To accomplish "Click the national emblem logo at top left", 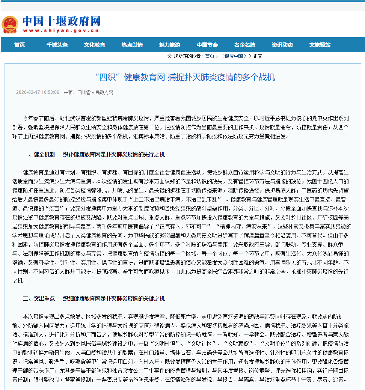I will click(x=10, y=24).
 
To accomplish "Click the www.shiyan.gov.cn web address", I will click(x=62, y=31).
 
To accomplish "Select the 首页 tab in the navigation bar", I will click(x=20, y=45).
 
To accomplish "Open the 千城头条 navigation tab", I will click(x=57, y=45).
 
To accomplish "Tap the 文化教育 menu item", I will click(x=95, y=45).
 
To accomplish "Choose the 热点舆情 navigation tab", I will click(x=132, y=45).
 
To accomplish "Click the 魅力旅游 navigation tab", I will click(x=170, y=45).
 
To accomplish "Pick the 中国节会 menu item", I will click(x=207, y=45).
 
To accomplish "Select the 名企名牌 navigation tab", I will click(x=245, y=45).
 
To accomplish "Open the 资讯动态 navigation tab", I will click(x=282, y=45).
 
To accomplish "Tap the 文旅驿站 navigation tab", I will click(x=320, y=45).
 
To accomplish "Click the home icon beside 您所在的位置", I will click(x=169, y=56).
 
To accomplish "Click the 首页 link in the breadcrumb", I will click(x=210, y=56).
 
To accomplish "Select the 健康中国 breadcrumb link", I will click(x=234, y=56).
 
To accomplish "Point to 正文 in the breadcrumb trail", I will click(x=258, y=56).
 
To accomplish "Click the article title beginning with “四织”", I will click(x=185, y=77).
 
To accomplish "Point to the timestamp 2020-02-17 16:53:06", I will click(x=38, y=92).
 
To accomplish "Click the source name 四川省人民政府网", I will click(x=95, y=92).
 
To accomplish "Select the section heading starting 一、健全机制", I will click(x=94, y=154).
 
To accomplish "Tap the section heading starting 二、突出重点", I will click(x=94, y=299).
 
